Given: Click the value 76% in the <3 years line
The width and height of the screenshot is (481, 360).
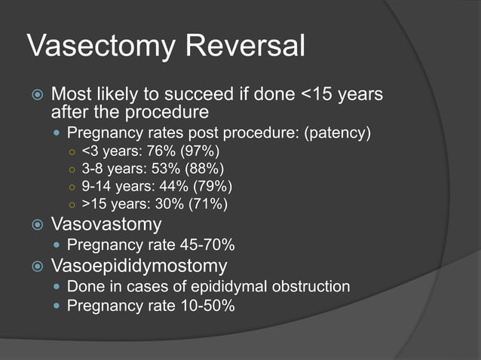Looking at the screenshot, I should tap(156, 151).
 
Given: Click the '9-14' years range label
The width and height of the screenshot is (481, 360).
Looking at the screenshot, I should tap(97, 186).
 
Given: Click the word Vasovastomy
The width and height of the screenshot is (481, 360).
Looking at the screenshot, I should tap(106, 224).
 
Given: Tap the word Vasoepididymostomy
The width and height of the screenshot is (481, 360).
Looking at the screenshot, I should tap(139, 266).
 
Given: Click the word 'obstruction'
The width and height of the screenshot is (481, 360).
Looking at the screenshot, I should tap(310, 286).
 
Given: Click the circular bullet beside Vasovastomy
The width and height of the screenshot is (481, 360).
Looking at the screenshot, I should tap(36, 224).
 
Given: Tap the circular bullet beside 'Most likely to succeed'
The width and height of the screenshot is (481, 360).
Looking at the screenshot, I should tap(36, 96).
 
